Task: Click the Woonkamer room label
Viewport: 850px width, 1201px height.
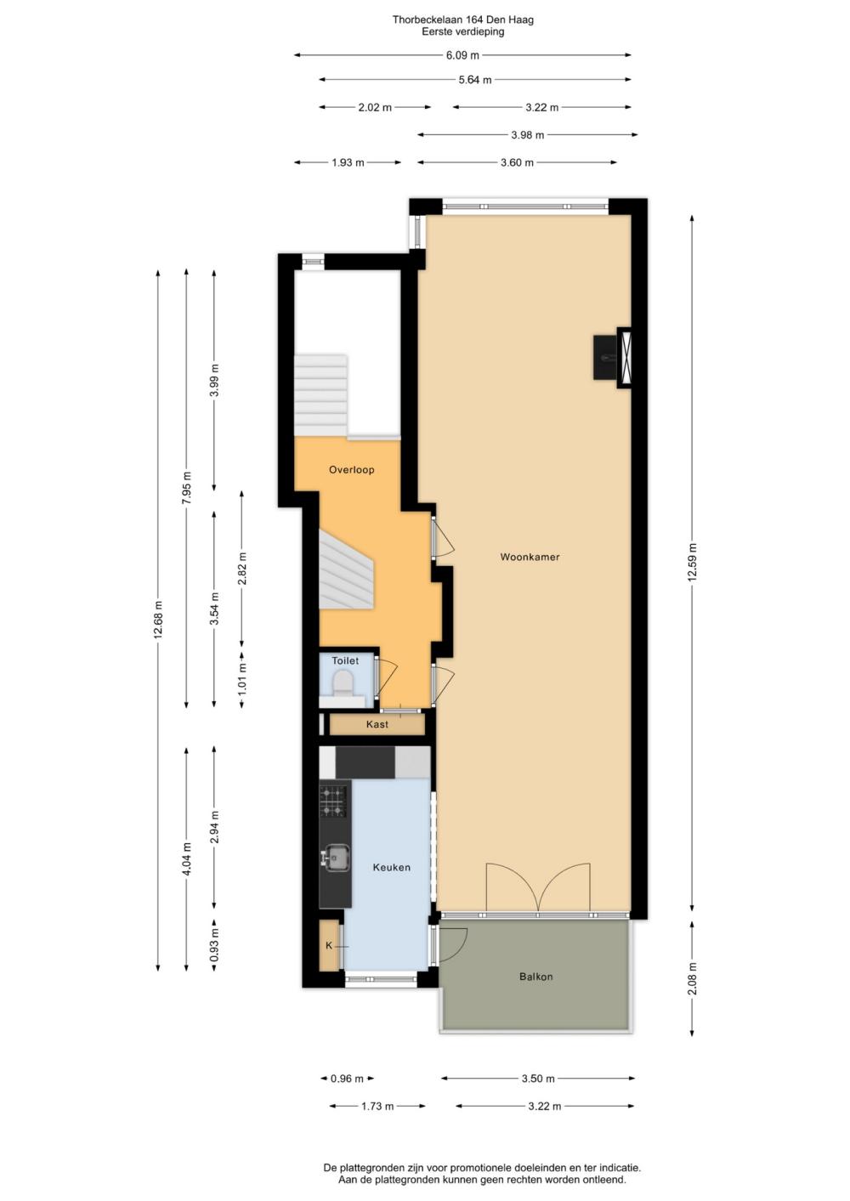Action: click(x=530, y=557)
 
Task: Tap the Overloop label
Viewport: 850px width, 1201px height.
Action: click(x=351, y=470)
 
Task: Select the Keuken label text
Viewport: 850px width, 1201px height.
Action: click(x=392, y=867)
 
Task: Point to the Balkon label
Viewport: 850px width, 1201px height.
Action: click(x=535, y=977)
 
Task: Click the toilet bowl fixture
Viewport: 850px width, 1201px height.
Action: click(x=343, y=684)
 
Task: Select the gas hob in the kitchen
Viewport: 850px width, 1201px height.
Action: click(x=333, y=802)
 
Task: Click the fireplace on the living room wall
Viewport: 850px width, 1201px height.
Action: click(x=613, y=357)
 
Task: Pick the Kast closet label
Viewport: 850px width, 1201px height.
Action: click(x=377, y=724)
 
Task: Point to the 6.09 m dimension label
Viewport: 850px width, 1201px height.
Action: click(x=462, y=54)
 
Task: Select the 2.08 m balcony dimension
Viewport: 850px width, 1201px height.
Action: click(x=693, y=978)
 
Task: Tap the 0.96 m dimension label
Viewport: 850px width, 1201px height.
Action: click(x=347, y=1079)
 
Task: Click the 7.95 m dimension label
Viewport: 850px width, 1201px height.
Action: click(x=186, y=487)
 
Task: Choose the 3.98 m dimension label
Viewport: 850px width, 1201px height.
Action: click(x=528, y=134)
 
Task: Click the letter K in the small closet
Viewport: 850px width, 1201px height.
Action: click(x=329, y=946)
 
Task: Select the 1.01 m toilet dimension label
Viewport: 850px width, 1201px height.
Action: click(x=242, y=677)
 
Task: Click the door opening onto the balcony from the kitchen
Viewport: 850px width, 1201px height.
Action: click(x=450, y=944)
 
